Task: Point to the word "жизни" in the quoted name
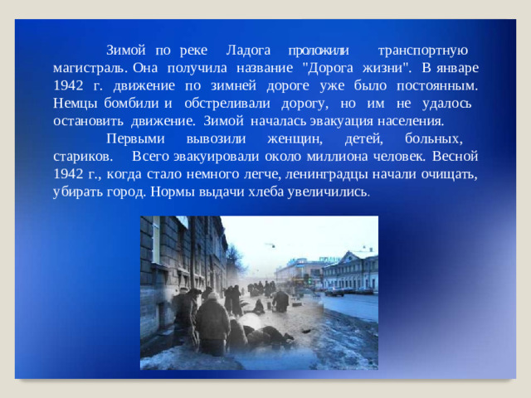coord(385,67)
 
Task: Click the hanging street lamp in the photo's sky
coord(270,245)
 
